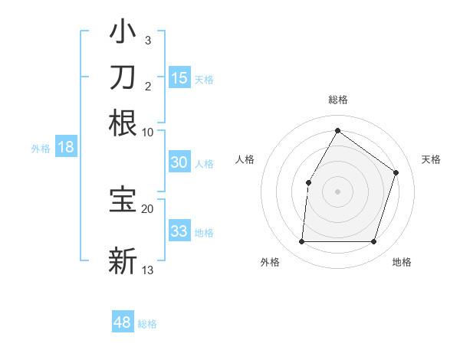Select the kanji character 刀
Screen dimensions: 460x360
(123, 77)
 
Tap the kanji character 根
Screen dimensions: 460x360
(123, 123)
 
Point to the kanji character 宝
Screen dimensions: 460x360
(123, 201)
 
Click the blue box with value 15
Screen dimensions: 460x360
(179, 78)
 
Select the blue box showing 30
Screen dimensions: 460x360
(179, 162)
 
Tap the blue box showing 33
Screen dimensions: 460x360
(179, 231)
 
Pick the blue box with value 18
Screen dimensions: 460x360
(65, 148)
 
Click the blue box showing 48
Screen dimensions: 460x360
(123, 322)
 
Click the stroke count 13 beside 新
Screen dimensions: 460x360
(147, 270)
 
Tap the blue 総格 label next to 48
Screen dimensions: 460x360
(147, 324)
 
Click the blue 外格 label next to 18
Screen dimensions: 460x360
(41, 149)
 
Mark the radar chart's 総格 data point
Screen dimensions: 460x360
(337, 131)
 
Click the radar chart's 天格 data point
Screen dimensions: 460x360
(396, 172)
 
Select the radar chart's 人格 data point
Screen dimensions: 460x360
(309, 182)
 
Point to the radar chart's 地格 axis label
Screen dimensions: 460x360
(402, 263)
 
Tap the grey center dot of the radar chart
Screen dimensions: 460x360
(337, 191)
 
